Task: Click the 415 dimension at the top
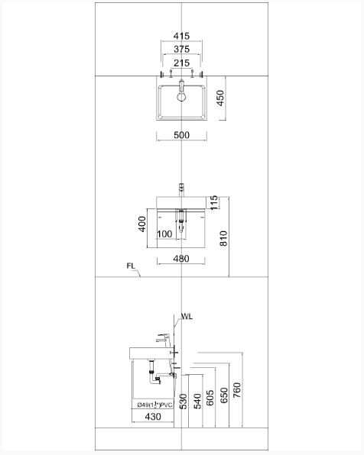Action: point(181,36)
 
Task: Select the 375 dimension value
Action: point(181,50)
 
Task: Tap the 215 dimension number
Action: point(181,63)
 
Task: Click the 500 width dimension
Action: point(181,135)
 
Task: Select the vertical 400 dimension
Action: point(141,224)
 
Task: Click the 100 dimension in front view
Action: point(164,234)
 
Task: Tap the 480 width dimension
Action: point(181,259)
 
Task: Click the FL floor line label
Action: point(132,266)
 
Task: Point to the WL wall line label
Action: point(187,316)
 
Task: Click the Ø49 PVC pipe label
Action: point(153,405)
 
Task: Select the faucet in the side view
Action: point(164,337)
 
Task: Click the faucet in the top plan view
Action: point(181,90)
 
